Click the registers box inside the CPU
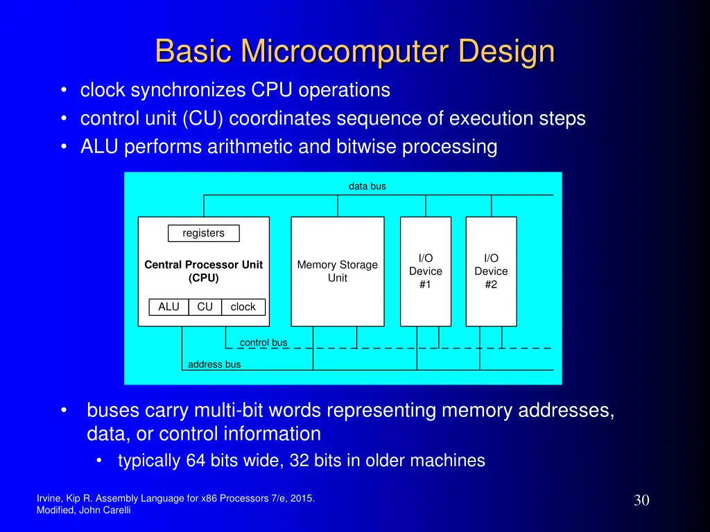[x=203, y=233]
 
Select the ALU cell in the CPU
[x=168, y=307]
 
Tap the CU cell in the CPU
[x=205, y=307]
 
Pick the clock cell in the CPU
[x=243, y=307]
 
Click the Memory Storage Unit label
[x=337, y=272]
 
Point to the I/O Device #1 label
[x=425, y=272]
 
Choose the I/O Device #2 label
[x=491, y=272]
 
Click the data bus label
[x=367, y=186]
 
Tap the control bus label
[x=263, y=342]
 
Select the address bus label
[x=214, y=364]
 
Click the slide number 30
[x=641, y=500]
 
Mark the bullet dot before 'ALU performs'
[x=64, y=147]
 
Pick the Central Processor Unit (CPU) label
[x=203, y=272]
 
